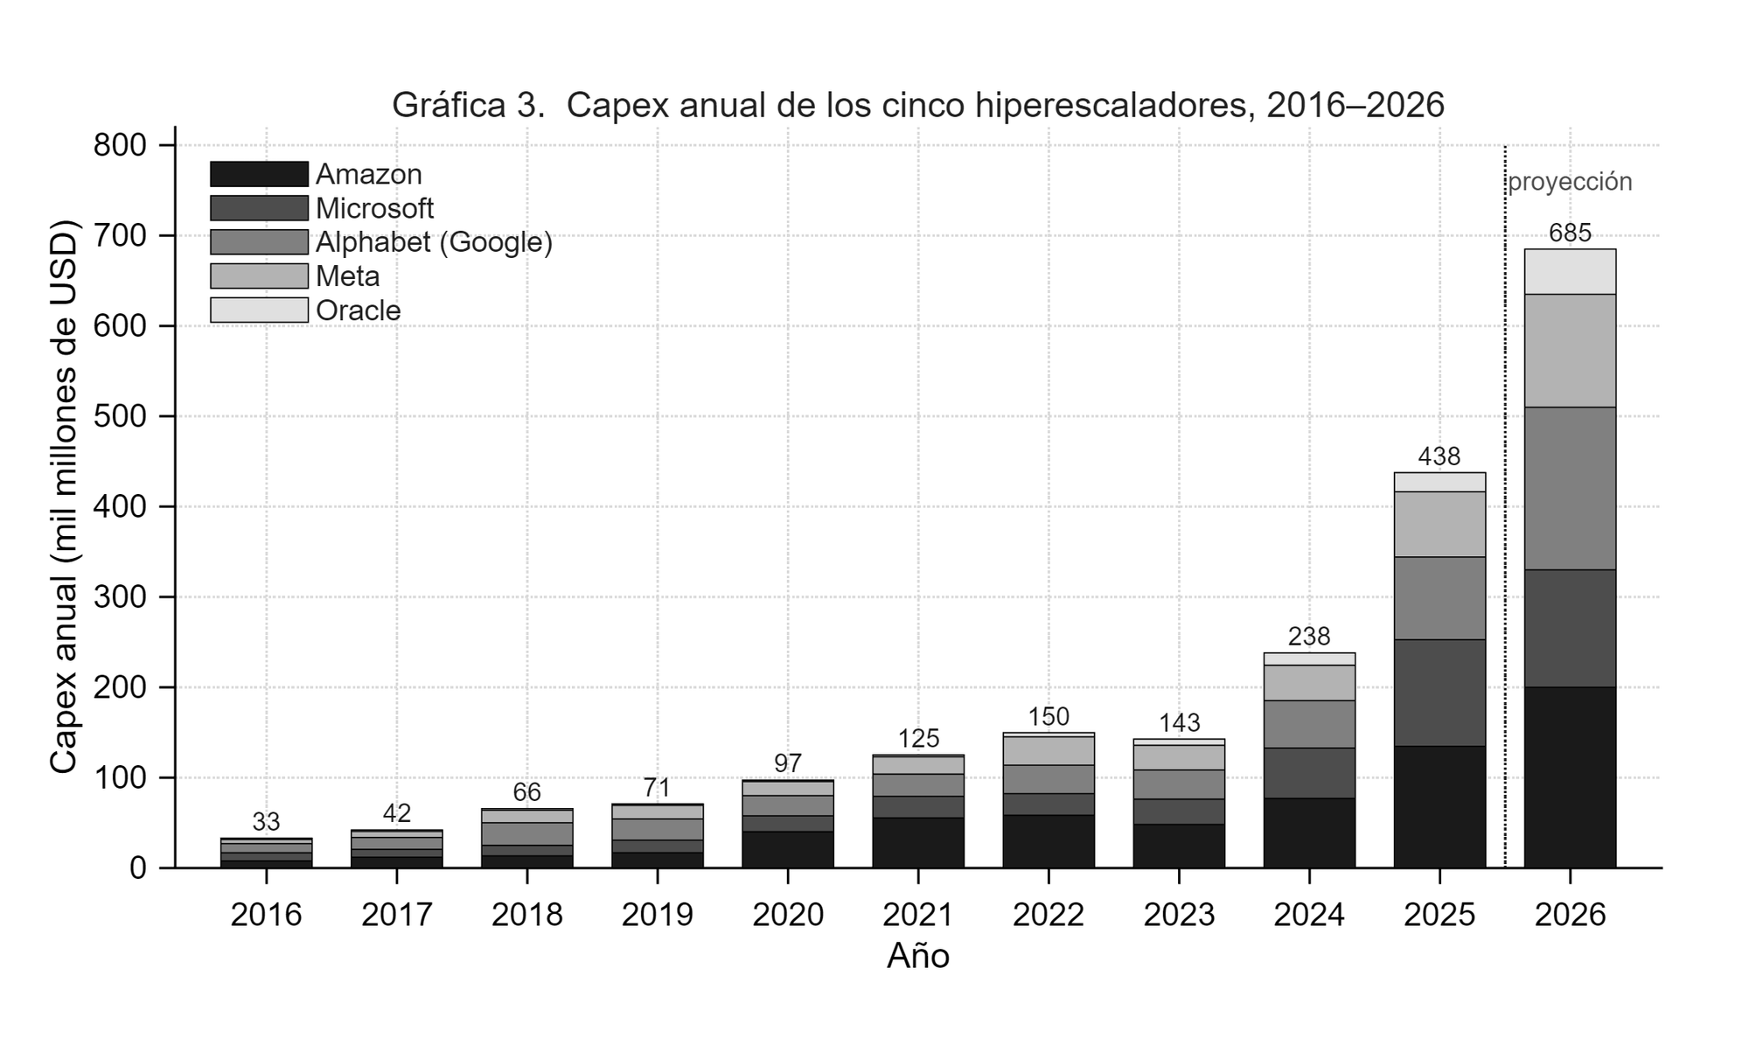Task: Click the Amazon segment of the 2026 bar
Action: coord(1570,777)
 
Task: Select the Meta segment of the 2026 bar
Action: coord(1570,351)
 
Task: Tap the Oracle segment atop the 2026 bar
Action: coord(1570,272)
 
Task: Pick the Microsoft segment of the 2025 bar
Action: coord(1439,693)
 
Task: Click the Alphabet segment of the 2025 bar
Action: coord(1439,598)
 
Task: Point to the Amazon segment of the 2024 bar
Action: coord(1309,833)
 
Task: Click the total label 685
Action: coord(1570,233)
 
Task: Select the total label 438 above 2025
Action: coord(1439,456)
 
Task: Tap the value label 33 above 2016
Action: coord(266,822)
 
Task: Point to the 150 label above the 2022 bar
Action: coord(1049,717)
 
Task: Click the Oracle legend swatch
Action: coord(259,310)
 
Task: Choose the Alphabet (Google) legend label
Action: coord(434,242)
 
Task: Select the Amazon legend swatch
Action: coord(259,174)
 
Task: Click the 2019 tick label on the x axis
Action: coord(657,915)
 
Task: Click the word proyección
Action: coord(1570,183)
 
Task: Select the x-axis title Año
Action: coord(918,957)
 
